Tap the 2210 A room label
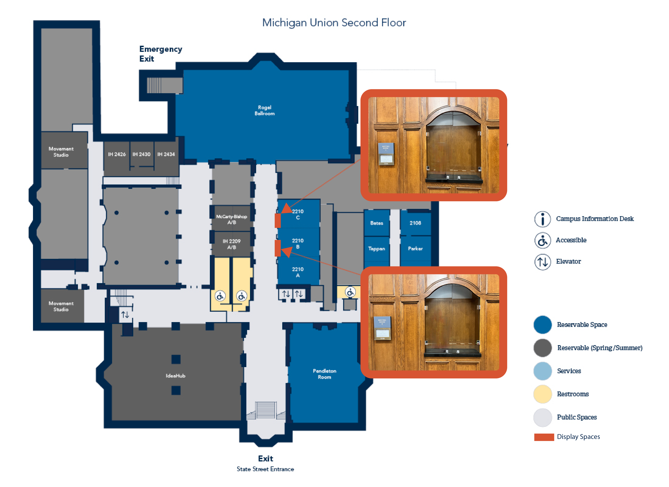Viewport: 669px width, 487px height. tap(298, 272)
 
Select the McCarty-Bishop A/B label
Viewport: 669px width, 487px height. tap(232, 219)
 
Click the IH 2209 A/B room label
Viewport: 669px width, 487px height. tap(232, 244)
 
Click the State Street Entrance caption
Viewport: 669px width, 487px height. tap(265, 469)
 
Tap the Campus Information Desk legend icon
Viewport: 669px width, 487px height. tap(542, 219)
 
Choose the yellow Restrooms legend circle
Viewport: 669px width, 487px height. tap(542, 394)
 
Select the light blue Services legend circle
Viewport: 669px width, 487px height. tap(542, 371)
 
